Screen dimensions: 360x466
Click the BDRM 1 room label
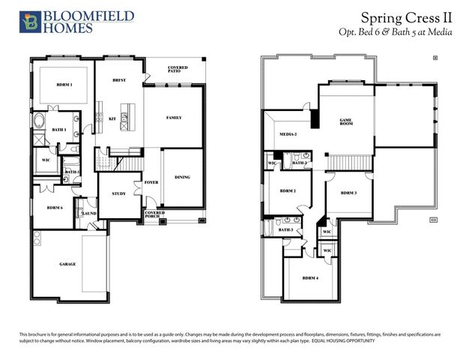pyautogui.click(x=64, y=85)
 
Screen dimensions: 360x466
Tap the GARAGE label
pyautogui.click(x=68, y=264)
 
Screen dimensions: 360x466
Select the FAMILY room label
pyautogui.click(x=174, y=118)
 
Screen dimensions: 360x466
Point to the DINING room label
pyautogui.click(x=182, y=177)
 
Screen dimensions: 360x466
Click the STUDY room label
pyautogui.click(x=118, y=193)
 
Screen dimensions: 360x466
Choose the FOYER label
pyautogui.click(x=150, y=182)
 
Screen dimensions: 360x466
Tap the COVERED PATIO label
pyautogui.click(x=178, y=70)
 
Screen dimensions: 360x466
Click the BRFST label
pyautogui.click(x=118, y=79)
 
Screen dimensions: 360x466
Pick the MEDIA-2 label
pyautogui.click(x=288, y=134)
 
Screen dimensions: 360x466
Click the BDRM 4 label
pyautogui.click(x=310, y=278)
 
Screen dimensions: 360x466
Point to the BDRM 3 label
pyautogui.click(x=348, y=193)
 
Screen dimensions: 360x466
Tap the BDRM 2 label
pyautogui.click(x=288, y=191)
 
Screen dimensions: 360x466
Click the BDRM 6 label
pyautogui.click(x=54, y=208)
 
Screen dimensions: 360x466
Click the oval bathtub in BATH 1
pyautogui.click(x=39, y=121)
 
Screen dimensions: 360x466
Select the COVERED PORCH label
pyautogui.click(x=154, y=214)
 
